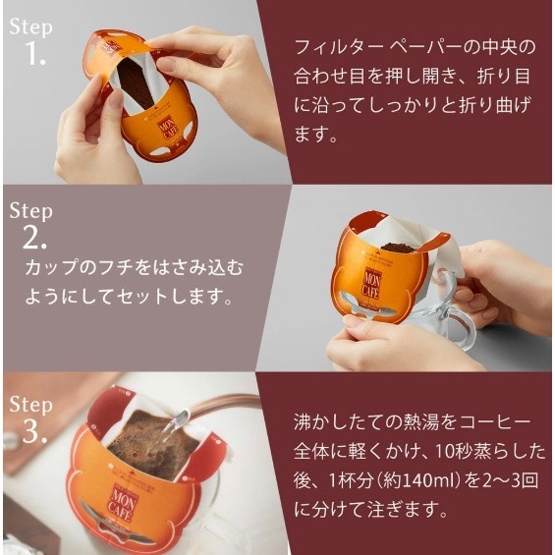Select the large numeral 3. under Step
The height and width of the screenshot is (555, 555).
point(35,431)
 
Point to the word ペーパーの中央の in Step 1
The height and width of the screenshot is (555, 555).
point(460,47)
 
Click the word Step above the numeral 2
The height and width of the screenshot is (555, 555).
point(30,211)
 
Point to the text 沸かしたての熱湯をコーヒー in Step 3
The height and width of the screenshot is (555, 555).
point(413,422)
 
